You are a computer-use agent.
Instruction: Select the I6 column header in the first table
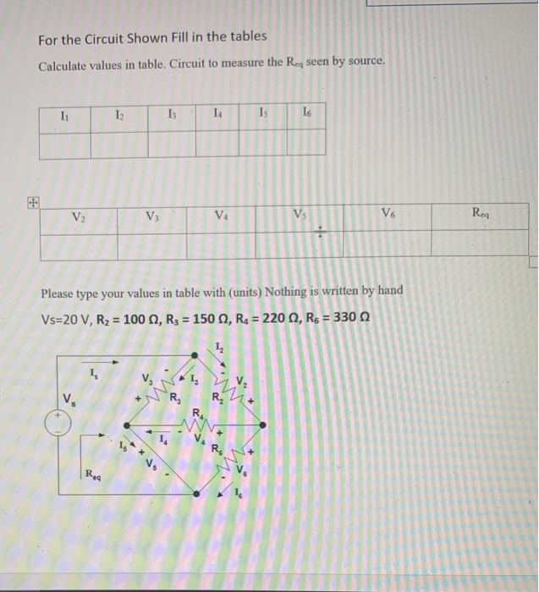click(306, 117)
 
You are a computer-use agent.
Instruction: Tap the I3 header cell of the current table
click(172, 117)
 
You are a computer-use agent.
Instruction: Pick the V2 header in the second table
click(79, 217)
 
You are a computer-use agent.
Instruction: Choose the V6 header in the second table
click(388, 217)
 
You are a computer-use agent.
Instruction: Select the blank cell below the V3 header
click(153, 245)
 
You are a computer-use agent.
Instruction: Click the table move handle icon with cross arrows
click(32, 202)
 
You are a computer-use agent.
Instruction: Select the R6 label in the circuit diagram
click(217, 448)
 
